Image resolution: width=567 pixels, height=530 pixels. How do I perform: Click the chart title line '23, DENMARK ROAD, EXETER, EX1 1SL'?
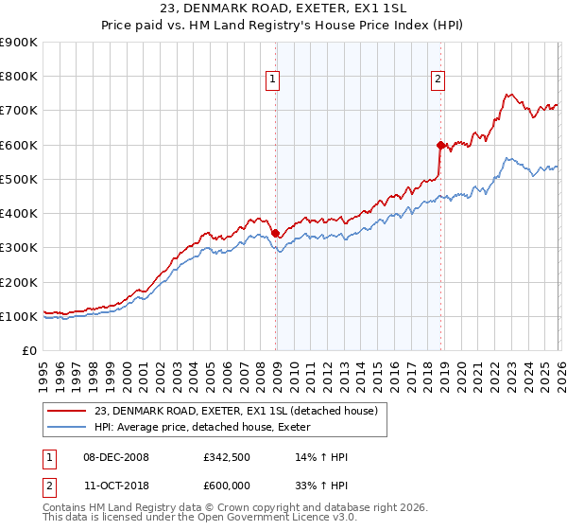(283, 10)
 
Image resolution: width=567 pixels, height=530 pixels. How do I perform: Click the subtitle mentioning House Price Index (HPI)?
(283, 27)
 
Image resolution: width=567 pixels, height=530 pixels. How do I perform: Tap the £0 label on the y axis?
(29, 350)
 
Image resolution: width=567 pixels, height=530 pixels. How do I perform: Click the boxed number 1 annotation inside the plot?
(272, 80)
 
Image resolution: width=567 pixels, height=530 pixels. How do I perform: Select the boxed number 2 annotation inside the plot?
(438, 80)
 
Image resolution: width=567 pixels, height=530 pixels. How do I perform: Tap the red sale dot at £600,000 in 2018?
(439, 145)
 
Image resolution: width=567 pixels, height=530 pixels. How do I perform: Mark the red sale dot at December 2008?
(275, 233)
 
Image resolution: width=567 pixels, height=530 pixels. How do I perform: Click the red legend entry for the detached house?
(236, 411)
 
